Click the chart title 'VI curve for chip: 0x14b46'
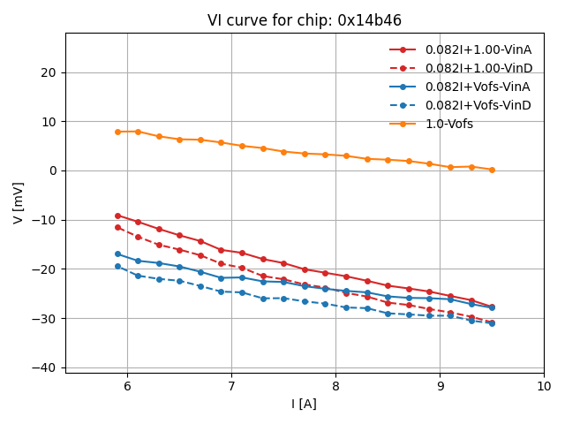pyautogui.click(x=304, y=20)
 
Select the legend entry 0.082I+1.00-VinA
pyautogui.click(x=478, y=50)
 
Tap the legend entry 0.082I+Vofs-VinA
pyautogui.click(x=478, y=87)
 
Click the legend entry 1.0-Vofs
pyautogui.click(x=448, y=124)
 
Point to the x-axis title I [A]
pyautogui.click(x=304, y=404)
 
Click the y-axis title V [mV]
pyautogui.click(x=19, y=202)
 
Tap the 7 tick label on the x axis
pyautogui.click(x=231, y=387)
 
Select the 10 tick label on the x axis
pyautogui.click(x=544, y=387)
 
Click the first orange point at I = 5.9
pyautogui.click(x=117, y=132)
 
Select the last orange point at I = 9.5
pyautogui.click(x=492, y=170)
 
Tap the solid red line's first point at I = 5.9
pyautogui.click(x=117, y=216)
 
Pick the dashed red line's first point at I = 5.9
pyautogui.click(x=117, y=227)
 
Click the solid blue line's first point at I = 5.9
pyautogui.click(x=117, y=254)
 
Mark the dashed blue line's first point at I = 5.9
pyautogui.click(x=117, y=266)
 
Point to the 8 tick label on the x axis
pyautogui.click(x=335, y=387)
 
